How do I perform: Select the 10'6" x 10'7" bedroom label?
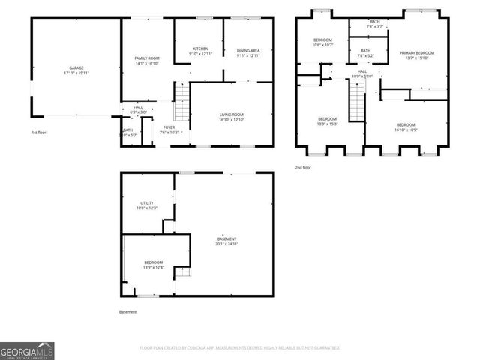[x=322, y=41]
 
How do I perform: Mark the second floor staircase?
[x=357, y=100]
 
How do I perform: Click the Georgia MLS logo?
[x=27, y=350]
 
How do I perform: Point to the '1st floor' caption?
[x=38, y=133]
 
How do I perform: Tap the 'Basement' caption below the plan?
[x=128, y=311]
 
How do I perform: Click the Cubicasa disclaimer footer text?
[x=240, y=348]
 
